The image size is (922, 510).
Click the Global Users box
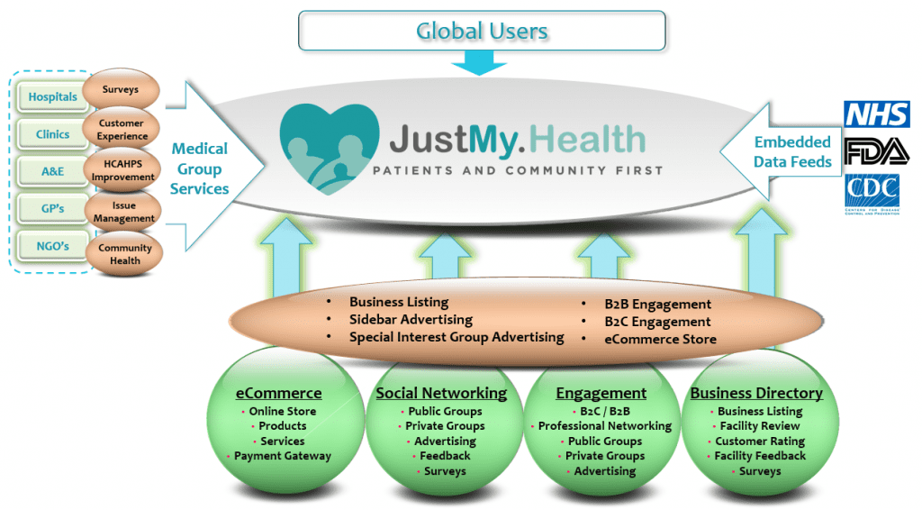pos(482,31)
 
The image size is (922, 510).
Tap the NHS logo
pos(876,114)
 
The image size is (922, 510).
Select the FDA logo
pos(876,151)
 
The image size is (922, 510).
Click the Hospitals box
pos(51,96)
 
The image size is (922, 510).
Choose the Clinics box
pos(51,134)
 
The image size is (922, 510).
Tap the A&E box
pos(51,171)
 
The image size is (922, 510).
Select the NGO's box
pos(51,246)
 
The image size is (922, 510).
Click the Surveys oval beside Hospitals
pos(121,90)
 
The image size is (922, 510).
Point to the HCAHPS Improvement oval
pos(122,171)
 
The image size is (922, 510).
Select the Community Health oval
pos(125,254)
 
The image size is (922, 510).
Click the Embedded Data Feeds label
pos(792,151)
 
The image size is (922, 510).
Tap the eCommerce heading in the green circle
pos(278,393)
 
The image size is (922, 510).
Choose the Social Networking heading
pos(441,393)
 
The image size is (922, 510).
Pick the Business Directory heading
pos(756,393)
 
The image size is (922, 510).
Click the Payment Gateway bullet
pos(283,456)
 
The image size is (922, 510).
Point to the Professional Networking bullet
pos(605,426)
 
